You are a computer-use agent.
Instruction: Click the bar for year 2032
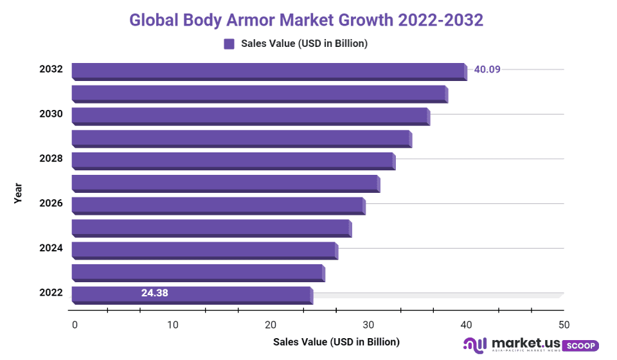(269, 71)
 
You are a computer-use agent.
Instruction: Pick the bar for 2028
(233, 161)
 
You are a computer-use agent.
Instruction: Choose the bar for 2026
(218, 205)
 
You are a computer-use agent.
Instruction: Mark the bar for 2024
(204, 249)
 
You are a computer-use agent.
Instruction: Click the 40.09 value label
(487, 69)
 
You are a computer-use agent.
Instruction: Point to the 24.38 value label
(155, 293)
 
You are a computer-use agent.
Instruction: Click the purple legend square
(229, 44)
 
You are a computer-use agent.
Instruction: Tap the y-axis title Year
(18, 194)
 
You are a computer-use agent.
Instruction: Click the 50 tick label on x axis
(564, 325)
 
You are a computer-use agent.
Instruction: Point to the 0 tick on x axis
(75, 325)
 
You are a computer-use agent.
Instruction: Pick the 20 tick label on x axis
(271, 325)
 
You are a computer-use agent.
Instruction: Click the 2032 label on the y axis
(51, 69)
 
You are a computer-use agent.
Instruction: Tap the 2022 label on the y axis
(51, 292)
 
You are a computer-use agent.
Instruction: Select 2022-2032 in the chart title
(440, 20)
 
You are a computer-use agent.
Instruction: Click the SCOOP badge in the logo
(580, 346)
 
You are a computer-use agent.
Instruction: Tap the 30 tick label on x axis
(368, 325)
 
